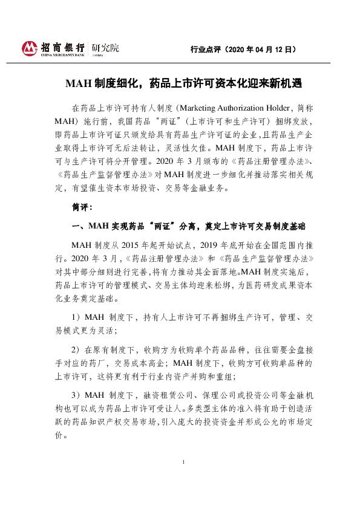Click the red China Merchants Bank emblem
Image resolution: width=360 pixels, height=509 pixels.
(29, 48)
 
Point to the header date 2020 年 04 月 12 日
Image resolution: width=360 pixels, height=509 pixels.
(263, 49)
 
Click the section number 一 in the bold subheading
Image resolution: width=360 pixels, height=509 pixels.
(75, 226)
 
